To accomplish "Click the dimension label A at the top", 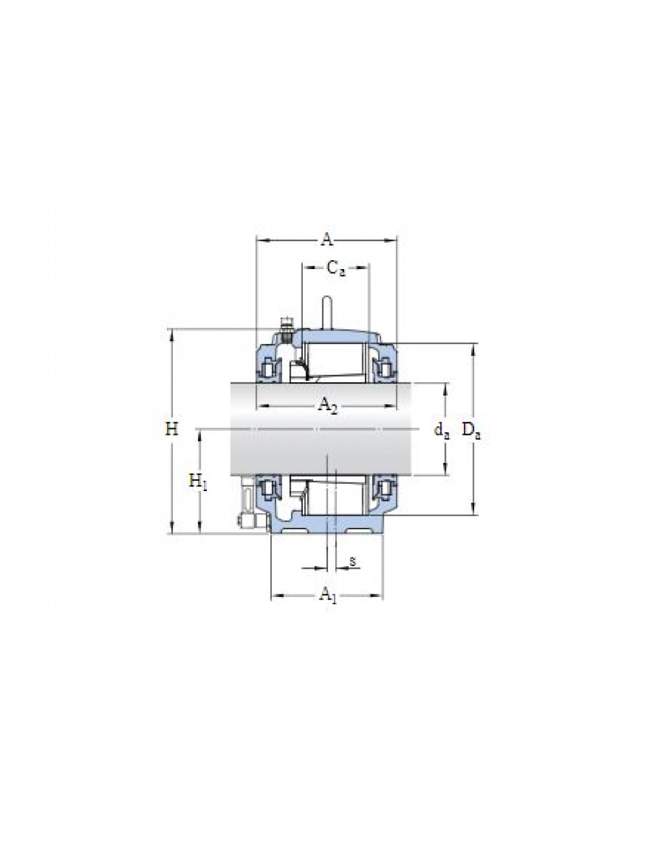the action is coord(327,240).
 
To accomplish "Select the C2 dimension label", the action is coord(335,268).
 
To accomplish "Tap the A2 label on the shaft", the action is coord(328,406).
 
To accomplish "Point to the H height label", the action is coord(171,429).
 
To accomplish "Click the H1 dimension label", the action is coord(198,482).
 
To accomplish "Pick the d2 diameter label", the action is coord(441,430).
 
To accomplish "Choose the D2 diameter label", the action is coord(471,430).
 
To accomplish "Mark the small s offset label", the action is coord(352,561).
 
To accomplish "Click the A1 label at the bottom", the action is coord(328,594).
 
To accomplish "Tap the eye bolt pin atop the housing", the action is coord(327,312).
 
